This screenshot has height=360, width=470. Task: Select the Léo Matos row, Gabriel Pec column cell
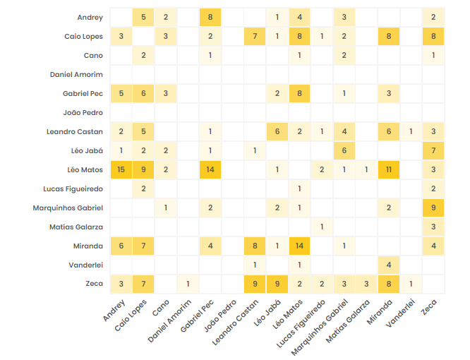tap(210, 169)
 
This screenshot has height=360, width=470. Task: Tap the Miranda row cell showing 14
tap(299, 246)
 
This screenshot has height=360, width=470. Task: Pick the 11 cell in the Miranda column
tap(388, 169)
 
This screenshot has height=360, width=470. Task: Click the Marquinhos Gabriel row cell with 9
tap(433, 208)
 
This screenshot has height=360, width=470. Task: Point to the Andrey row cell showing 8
tap(210, 17)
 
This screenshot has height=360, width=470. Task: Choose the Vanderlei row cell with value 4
tap(388, 265)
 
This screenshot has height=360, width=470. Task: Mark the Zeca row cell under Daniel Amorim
tap(188, 284)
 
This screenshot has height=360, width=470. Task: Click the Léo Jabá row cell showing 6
tap(344, 150)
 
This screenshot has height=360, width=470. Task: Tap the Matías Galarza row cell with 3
tap(433, 227)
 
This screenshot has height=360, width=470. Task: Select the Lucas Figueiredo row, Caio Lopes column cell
tap(143, 188)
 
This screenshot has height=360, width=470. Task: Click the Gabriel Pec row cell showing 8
tap(299, 93)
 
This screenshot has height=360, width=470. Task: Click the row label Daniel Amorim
tap(76, 74)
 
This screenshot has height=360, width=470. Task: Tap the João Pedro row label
tap(83, 112)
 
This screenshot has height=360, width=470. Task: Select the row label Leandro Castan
tap(75, 131)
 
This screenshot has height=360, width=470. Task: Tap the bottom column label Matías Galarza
tap(350, 321)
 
